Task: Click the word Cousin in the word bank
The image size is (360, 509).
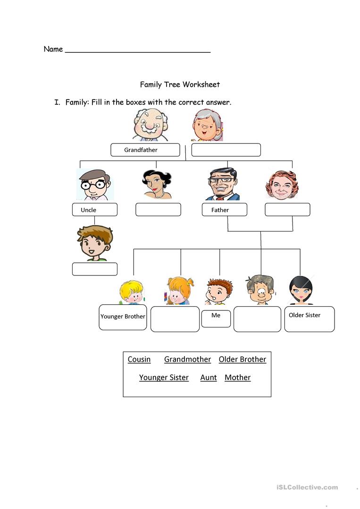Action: pyautogui.click(x=139, y=359)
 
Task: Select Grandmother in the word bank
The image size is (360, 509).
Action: pyautogui.click(x=187, y=359)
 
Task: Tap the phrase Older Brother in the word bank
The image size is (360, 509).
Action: pyautogui.click(x=242, y=359)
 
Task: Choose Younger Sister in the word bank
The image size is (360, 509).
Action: pyautogui.click(x=164, y=377)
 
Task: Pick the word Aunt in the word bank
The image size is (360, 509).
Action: pyautogui.click(x=208, y=377)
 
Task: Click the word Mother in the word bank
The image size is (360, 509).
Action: pyautogui.click(x=237, y=377)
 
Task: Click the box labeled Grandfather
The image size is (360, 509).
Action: pyautogui.click(x=145, y=150)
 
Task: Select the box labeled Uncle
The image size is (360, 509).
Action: pyautogui.click(x=94, y=210)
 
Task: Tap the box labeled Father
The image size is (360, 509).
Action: pyautogui.click(x=224, y=210)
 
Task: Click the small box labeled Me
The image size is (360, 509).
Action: pyautogui.click(x=216, y=318)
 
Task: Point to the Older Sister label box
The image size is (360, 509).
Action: pyautogui.click(x=309, y=319)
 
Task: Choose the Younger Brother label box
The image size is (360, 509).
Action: pyautogui.click(x=123, y=317)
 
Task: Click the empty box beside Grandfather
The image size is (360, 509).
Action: pyautogui.click(x=226, y=150)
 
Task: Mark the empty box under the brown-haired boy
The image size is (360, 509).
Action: pyautogui.click(x=94, y=269)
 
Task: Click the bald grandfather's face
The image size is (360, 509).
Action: pyautogui.click(x=150, y=125)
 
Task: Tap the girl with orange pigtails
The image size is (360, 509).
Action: pyautogui.click(x=180, y=291)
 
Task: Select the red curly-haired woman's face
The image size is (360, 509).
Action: pyautogui.click(x=282, y=184)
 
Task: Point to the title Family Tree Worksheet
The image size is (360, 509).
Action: pyautogui.click(x=180, y=84)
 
